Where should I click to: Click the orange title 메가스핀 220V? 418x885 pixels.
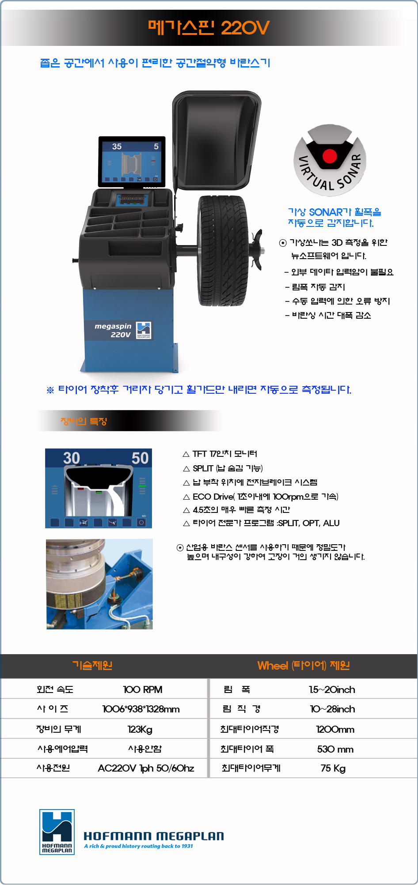[209, 28]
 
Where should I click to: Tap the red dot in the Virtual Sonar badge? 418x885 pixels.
[330, 156]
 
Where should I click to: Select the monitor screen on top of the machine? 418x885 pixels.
[132, 162]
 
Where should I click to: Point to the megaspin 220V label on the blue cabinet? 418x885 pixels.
[113, 330]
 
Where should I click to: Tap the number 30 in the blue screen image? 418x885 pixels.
[71, 458]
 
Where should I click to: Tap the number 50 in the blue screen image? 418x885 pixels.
[140, 458]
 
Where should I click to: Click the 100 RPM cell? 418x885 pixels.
[143, 689]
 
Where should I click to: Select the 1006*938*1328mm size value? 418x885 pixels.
[141, 709]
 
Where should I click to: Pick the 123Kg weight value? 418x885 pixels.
[140, 729]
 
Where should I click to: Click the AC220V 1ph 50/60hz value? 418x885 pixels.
[146, 768]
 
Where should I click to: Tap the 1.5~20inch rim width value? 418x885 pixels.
[332, 689]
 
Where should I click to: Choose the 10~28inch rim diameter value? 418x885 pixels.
[332, 709]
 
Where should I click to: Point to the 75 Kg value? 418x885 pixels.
[333, 768]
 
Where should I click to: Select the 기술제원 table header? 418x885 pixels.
[92, 665]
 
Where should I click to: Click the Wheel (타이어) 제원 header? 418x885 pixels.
[304, 665]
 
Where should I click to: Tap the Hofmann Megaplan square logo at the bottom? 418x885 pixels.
[57, 832]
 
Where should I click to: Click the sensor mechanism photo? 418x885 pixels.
[99, 584]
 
